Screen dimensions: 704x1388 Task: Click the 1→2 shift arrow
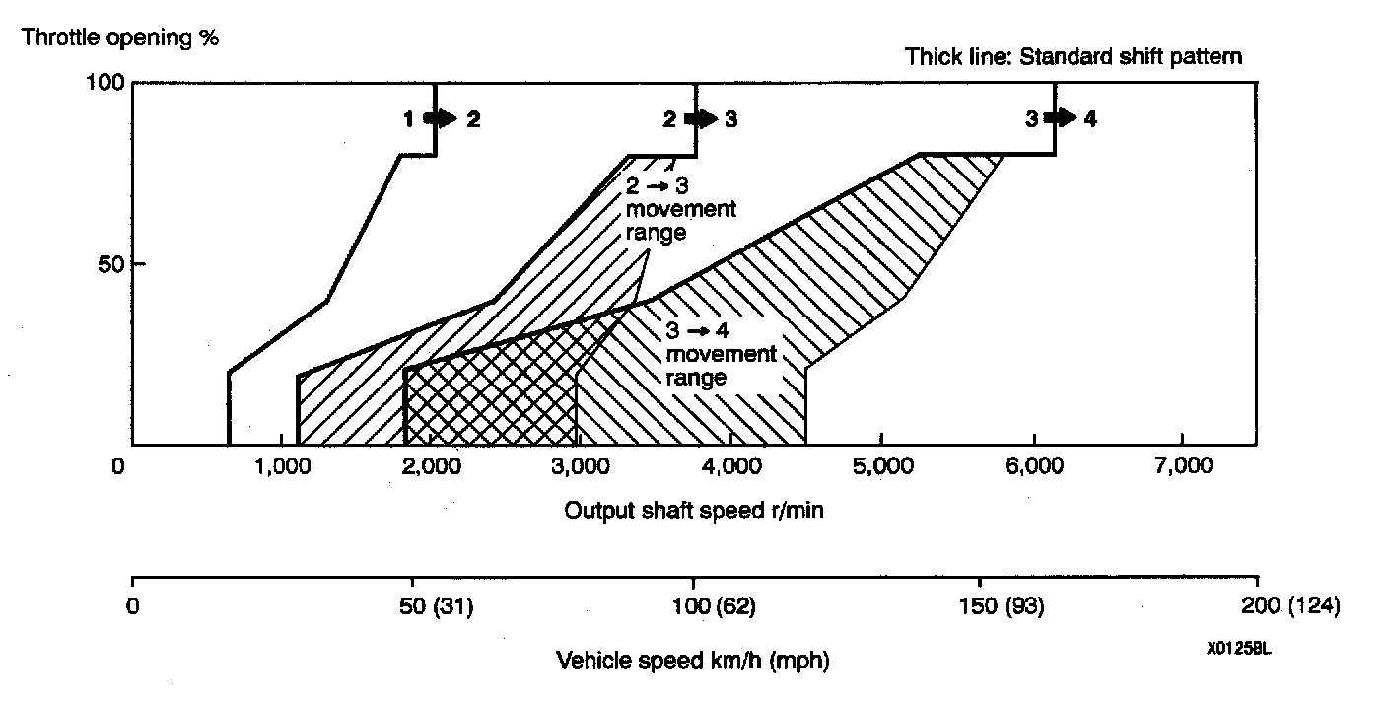440,118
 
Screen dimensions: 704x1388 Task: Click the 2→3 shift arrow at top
701,118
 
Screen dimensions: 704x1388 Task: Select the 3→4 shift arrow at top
1061,118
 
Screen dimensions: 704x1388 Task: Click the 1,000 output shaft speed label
283,466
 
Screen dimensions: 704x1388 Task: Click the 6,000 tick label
1032,466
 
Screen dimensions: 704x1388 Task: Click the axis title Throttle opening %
120,38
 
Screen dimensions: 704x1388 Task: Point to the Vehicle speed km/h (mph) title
693,660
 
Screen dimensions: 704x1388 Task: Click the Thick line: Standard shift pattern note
1074,56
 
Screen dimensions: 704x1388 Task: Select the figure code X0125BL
1232,651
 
